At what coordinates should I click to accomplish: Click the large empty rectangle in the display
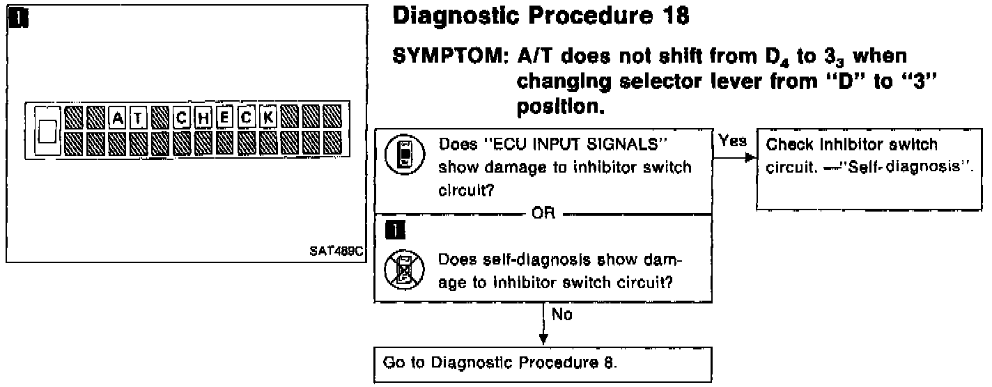tap(47, 131)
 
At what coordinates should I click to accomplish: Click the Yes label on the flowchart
tap(732, 141)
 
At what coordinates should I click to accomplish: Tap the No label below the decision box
tap(561, 315)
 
